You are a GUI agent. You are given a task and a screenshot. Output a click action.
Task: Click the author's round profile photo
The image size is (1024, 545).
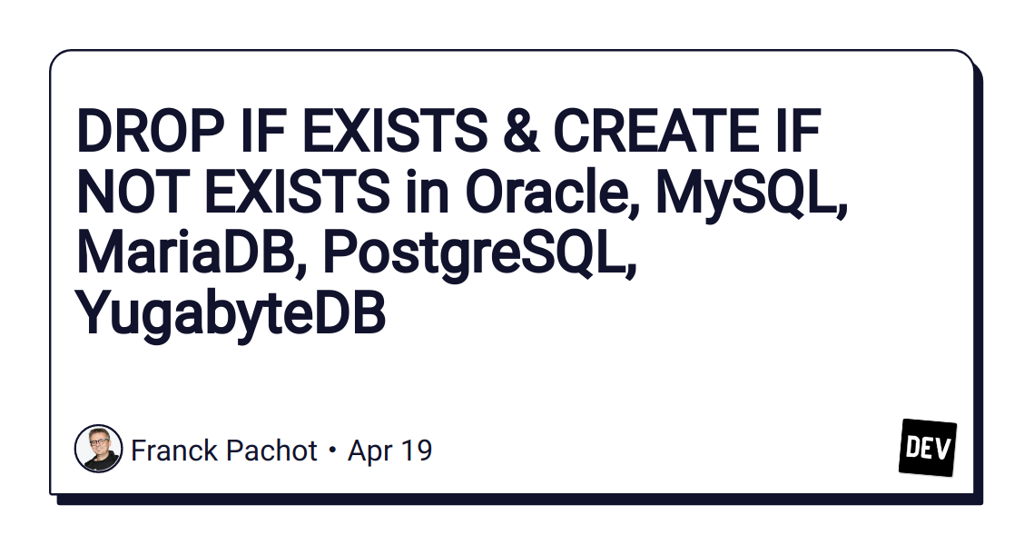click(x=98, y=449)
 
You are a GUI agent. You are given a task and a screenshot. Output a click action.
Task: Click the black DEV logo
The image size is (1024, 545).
click(x=927, y=447)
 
